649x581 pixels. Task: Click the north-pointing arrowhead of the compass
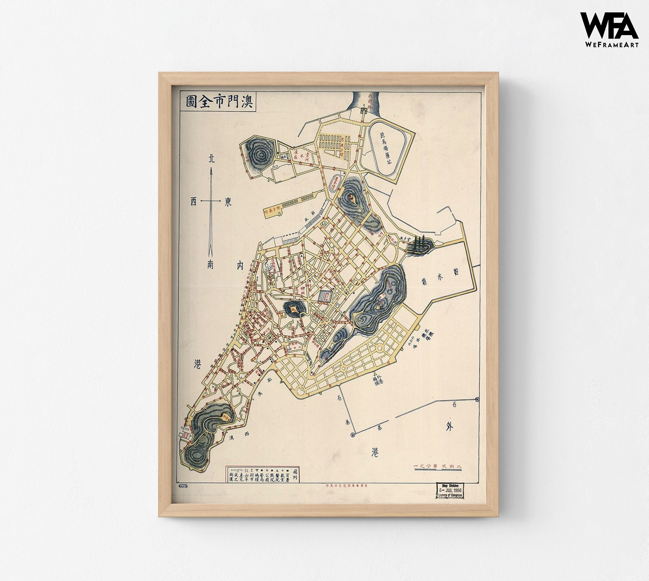[210, 172]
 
